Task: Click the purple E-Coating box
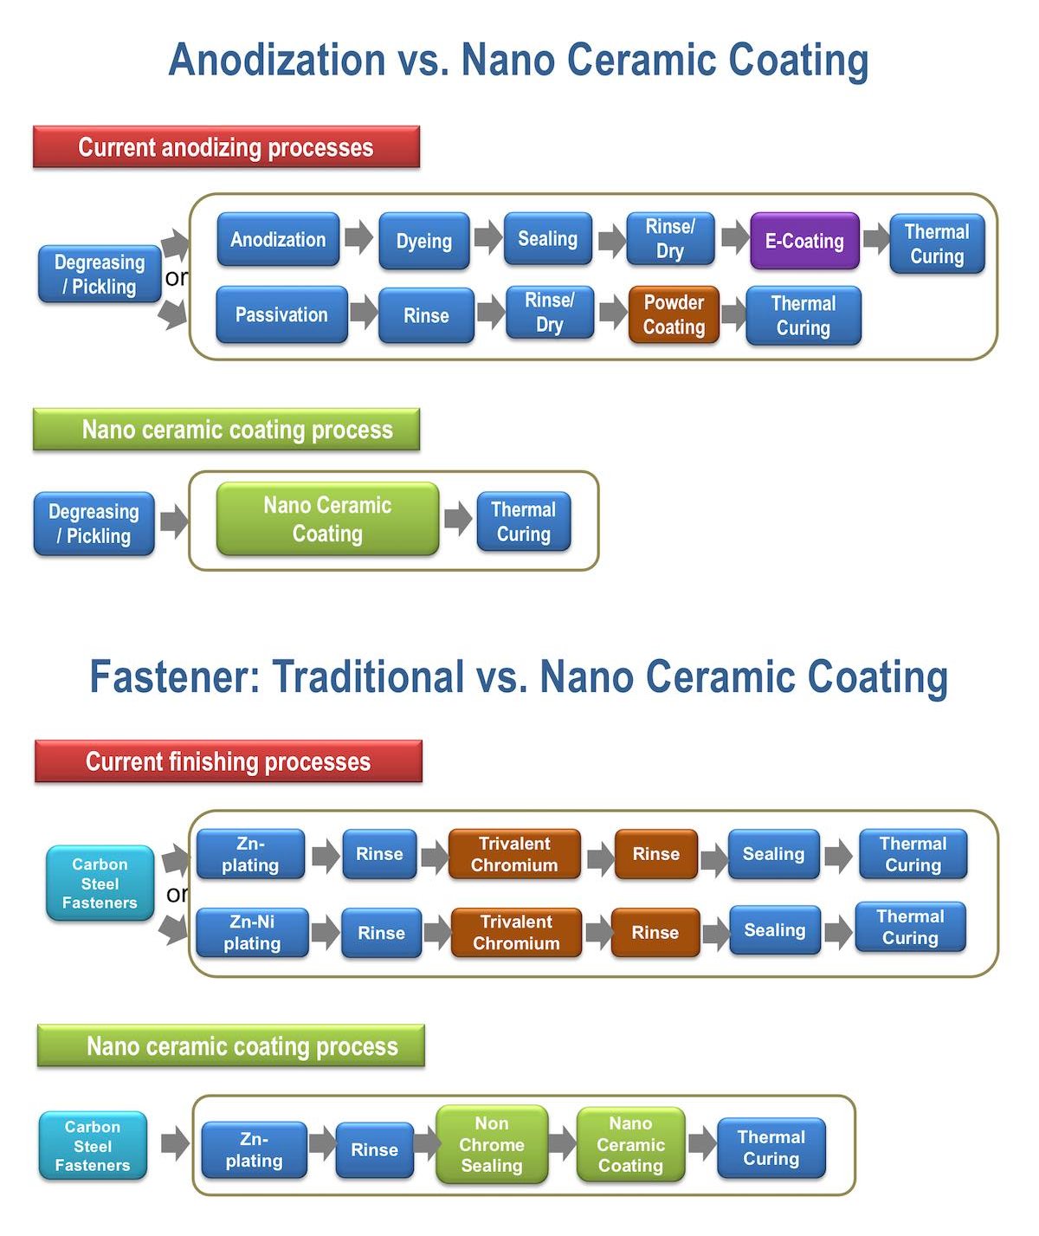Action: [804, 240]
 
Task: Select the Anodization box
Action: [278, 239]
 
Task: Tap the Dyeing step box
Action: [424, 241]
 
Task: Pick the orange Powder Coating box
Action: [674, 314]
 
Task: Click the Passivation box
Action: [281, 314]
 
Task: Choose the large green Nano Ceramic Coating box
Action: [328, 519]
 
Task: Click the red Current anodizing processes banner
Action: [227, 146]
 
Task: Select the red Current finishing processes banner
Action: [229, 761]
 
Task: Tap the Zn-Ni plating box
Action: [252, 932]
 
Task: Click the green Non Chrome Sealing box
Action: [493, 1144]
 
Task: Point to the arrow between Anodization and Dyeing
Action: [359, 237]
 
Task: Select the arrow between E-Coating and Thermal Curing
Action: [876, 238]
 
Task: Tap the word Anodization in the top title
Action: [277, 60]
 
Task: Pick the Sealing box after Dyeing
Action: [548, 238]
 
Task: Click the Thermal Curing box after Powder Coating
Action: [803, 315]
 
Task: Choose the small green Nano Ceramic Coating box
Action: [630, 1144]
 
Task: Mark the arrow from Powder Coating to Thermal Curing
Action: [733, 314]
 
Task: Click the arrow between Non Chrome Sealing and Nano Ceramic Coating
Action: [563, 1143]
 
